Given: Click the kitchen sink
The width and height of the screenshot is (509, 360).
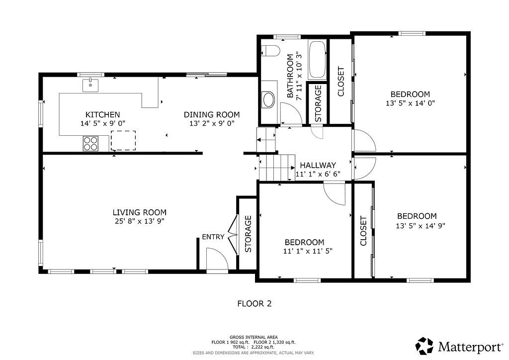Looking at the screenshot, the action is coord(90,85).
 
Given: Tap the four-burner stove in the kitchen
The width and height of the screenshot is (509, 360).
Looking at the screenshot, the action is coord(90,143).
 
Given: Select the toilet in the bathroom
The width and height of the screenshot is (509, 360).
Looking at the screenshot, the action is coord(270,51).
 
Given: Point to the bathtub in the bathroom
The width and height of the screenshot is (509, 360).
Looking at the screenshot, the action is coord(317,60).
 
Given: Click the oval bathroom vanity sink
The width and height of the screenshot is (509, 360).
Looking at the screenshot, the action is coord(268,99).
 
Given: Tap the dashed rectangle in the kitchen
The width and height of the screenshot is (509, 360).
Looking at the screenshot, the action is coord(123,141).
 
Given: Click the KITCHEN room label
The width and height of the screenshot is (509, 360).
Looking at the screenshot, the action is coord(102,114).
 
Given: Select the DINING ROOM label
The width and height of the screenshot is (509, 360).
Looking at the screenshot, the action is coord(212,114).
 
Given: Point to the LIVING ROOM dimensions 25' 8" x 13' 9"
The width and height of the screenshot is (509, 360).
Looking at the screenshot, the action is coord(140,221).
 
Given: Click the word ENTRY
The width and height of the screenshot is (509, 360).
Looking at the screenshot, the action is coord(213,237).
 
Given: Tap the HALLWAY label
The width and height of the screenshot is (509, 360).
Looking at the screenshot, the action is coord(318,165).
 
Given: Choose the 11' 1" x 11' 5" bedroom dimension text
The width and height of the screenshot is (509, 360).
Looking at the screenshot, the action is coord(308,251).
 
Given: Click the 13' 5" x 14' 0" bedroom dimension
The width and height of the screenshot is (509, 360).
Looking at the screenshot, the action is coord(410,103).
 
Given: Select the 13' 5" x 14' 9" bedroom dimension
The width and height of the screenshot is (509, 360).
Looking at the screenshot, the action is coord(420,226).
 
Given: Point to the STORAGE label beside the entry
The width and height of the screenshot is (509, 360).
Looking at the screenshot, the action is coord(248,234).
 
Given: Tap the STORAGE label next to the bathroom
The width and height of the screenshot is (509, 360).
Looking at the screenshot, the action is coord(318,103).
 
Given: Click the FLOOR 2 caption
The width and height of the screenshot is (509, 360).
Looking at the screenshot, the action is coord(254,304).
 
